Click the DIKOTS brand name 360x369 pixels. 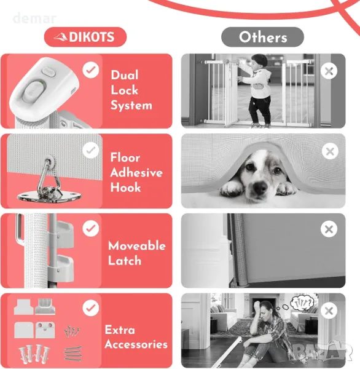coord(92,37)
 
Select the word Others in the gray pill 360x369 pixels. coord(263,37)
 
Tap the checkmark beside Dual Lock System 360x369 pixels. coord(91,70)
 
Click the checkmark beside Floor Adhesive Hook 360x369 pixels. coord(91,150)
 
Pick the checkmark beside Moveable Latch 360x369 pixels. coord(91,229)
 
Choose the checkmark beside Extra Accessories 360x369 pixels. coord(91,308)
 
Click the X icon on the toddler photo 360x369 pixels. coord(329,71)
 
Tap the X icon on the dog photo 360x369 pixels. coord(330,151)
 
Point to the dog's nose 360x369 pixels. coord(260,188)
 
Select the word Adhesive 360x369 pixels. coord(136,172)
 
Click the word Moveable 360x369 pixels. coord(137,245)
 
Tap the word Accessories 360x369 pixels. coord(136,344)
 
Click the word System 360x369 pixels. coord(131,105)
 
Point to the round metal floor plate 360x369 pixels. coord(49,197)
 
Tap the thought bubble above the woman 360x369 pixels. coord(302,303)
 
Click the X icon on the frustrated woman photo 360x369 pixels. coord(329,311)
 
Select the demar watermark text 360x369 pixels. coord(34,18)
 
